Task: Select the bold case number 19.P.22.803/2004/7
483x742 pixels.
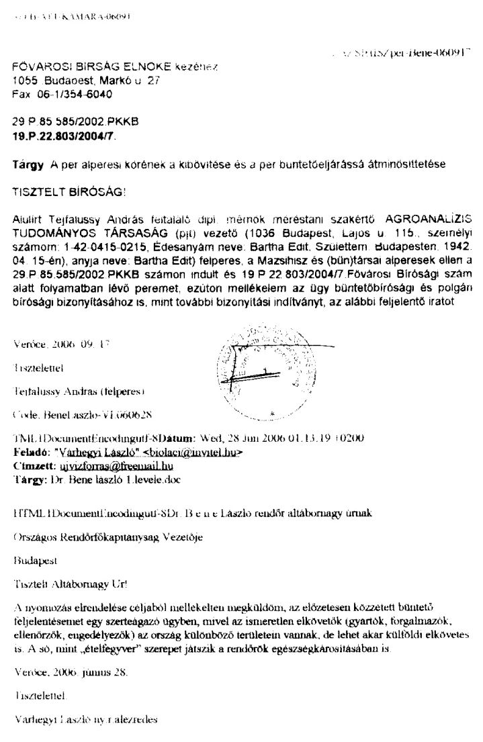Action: pos(64,136)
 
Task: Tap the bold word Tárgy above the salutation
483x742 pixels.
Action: pos(25,164)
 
